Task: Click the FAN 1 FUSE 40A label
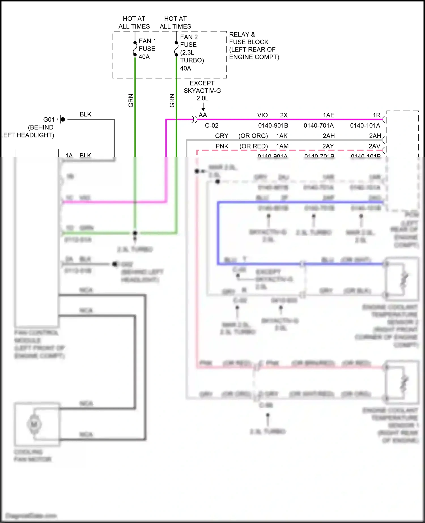point(147,49)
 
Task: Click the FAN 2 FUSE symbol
point(176,49)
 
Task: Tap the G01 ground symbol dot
point(63,119)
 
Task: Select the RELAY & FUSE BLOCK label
point(254,46)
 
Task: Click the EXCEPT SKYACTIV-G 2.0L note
point(202,91)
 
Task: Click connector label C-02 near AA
point(212,126)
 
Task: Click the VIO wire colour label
point(262,115)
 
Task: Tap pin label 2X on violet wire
point(284,115)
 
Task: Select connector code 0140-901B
point(273,126)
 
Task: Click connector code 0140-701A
point(318,126)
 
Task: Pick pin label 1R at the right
point(377,115)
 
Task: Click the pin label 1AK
point(282,136)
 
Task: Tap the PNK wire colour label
point(222,146)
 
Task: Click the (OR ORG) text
point(253,136)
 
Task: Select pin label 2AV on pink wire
point(374,146)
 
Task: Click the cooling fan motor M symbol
point(34,424)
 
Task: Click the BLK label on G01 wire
point(85,114)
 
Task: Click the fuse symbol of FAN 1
point(135,49)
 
